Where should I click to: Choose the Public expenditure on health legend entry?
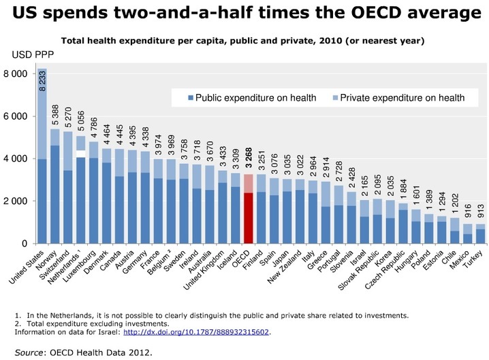(249, 98)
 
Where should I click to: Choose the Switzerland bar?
(67, 204)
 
